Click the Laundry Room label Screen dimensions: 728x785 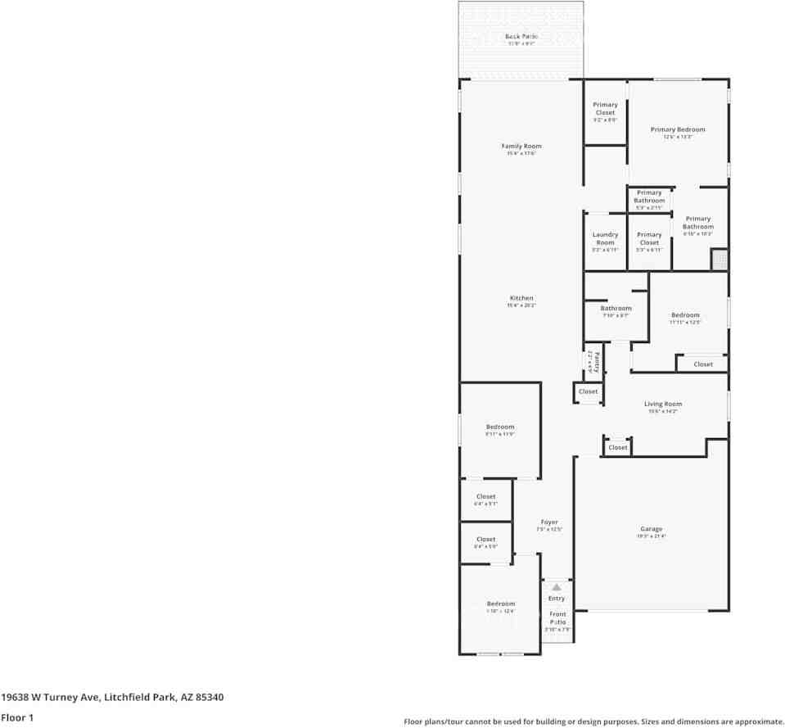[605, 238]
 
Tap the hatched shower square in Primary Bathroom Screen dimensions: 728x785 [719, 260]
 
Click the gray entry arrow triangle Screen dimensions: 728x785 [557, 587]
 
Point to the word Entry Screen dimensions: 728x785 [557, 599]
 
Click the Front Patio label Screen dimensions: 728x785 [557, 617]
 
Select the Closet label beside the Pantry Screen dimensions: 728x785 [589, 391]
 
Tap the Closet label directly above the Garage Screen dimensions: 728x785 [618, 447]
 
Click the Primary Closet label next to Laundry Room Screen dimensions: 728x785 [649, 238]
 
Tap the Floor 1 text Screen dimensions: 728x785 [17, 717]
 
